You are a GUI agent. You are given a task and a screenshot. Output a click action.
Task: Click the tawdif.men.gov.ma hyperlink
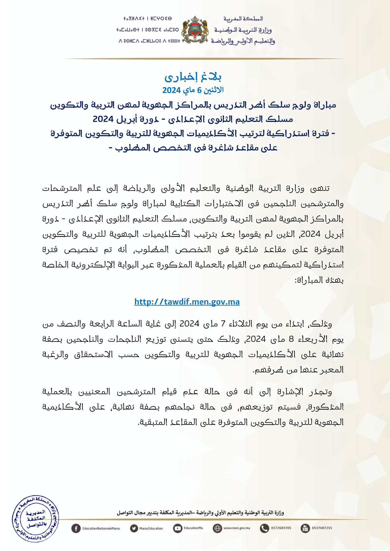pyautogui.click(x=187, y=302)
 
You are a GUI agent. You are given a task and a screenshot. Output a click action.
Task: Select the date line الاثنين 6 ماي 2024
pyautogui.click(x=193, y=90)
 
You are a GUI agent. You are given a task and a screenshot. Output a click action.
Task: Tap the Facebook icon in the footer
pyautogui.click(x=76, y=528)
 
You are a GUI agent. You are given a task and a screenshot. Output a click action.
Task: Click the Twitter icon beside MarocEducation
pyautogui.click(x=134, y=528)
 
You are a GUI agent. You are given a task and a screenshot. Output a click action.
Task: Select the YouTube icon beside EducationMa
pyautogui.click(x=177, y=528)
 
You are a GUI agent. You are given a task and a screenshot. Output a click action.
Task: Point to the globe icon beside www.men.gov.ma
pyautogui.click(x=217, y=528)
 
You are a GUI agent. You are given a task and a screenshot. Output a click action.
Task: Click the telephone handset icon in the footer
pyautogui.click(x=264, y=528)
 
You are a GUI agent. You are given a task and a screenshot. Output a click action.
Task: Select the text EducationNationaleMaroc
pyautogui.click(x=101, y=528)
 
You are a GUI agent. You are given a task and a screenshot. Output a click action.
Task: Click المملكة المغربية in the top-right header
pyautogui.click(x=243, y=19)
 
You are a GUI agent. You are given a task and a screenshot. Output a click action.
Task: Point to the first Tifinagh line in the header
pyautogui.click(x=147, y=19)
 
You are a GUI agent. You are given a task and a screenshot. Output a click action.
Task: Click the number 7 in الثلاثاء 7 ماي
pyautogui.click(x=223, y=323)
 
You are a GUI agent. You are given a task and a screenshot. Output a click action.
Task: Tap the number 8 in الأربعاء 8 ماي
pyautogui.click(x=291, y=339)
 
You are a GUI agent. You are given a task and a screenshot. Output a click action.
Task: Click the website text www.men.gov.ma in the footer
pyautogui.click(x=237, y=528)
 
